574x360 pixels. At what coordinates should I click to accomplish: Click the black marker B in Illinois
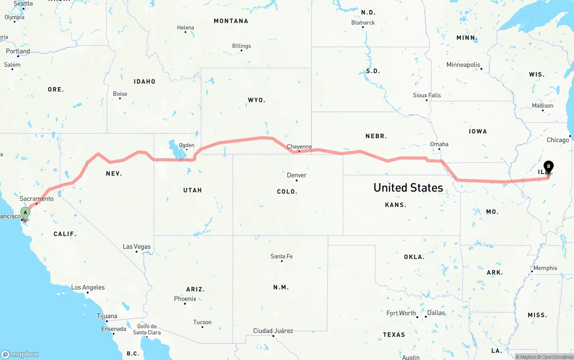click(x=548, y=167)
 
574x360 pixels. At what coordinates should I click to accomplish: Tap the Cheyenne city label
click(x=299, y=147)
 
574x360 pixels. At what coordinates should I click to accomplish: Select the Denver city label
click(x=296, y=175)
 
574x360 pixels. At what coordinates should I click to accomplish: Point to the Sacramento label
click(x=37, y=199)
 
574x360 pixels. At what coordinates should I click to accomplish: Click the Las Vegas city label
click(x=137, y=247)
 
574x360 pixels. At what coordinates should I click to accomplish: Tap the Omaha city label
click(x=439, y=144)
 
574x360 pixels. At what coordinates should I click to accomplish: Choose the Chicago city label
click(x=557, y=140)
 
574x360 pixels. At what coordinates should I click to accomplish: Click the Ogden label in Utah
click(x=187, y=145)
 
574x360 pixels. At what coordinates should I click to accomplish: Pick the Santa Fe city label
click(x=282, y=256)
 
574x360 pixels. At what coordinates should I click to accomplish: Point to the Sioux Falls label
click(x=427, y=95)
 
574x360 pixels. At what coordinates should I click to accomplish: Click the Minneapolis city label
click(x=463, y=65)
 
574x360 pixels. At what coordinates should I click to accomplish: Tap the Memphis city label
click(x=545, y=268)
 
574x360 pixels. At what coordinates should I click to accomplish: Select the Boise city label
click(x=120, y=94)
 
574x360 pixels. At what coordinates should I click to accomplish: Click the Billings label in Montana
click(x=241, y=46)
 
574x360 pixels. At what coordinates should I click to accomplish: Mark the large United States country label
click(x=408, y=187)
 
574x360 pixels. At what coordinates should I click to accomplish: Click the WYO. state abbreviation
click(x=257, y=100)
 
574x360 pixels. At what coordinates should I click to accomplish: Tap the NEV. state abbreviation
click(x=114, y=173)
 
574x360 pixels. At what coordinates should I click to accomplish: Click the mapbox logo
click(x=20, y=354)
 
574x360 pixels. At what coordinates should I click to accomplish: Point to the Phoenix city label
click(x=185, y=299)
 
